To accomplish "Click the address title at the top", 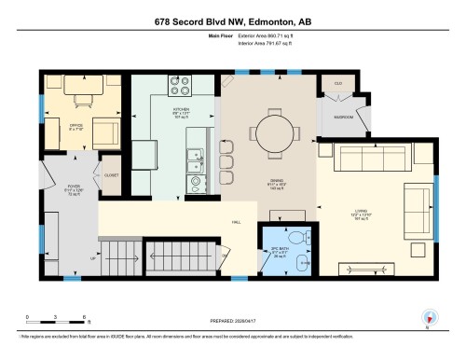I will [233, 21].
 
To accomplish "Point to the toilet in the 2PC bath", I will [297, 237].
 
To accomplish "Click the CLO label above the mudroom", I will [339, 82].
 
